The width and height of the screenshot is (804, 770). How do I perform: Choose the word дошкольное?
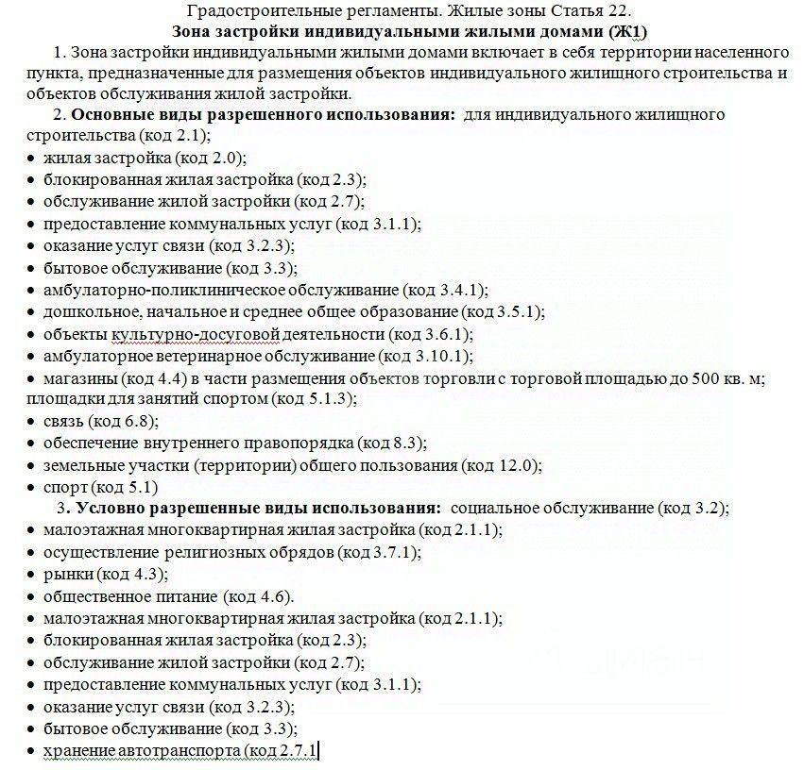tap(85, 311)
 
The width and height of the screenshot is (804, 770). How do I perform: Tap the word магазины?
tap(77, 378)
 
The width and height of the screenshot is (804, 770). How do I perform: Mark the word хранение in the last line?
tap(79, 750)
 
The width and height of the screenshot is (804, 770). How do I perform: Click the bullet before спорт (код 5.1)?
tap(31, 488)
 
